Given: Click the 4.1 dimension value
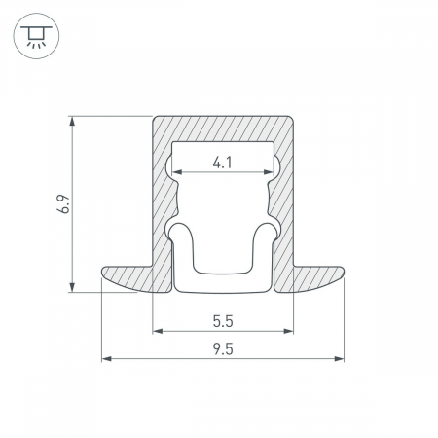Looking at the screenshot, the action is click(223, 163).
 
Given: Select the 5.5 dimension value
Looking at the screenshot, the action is click(223, 321).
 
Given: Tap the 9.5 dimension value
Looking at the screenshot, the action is click(223, 349).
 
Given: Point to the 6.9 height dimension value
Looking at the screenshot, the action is click(63, 203).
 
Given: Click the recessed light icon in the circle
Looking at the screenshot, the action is click(36, 36).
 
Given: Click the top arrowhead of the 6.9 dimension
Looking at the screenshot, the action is click(72, 121).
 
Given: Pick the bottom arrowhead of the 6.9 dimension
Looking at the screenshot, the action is click(72, 287).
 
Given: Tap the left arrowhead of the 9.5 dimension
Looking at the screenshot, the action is click(107, 359).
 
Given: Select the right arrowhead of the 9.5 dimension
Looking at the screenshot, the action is click(339, 359).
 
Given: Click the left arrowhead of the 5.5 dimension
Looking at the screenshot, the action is click(158, 331).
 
